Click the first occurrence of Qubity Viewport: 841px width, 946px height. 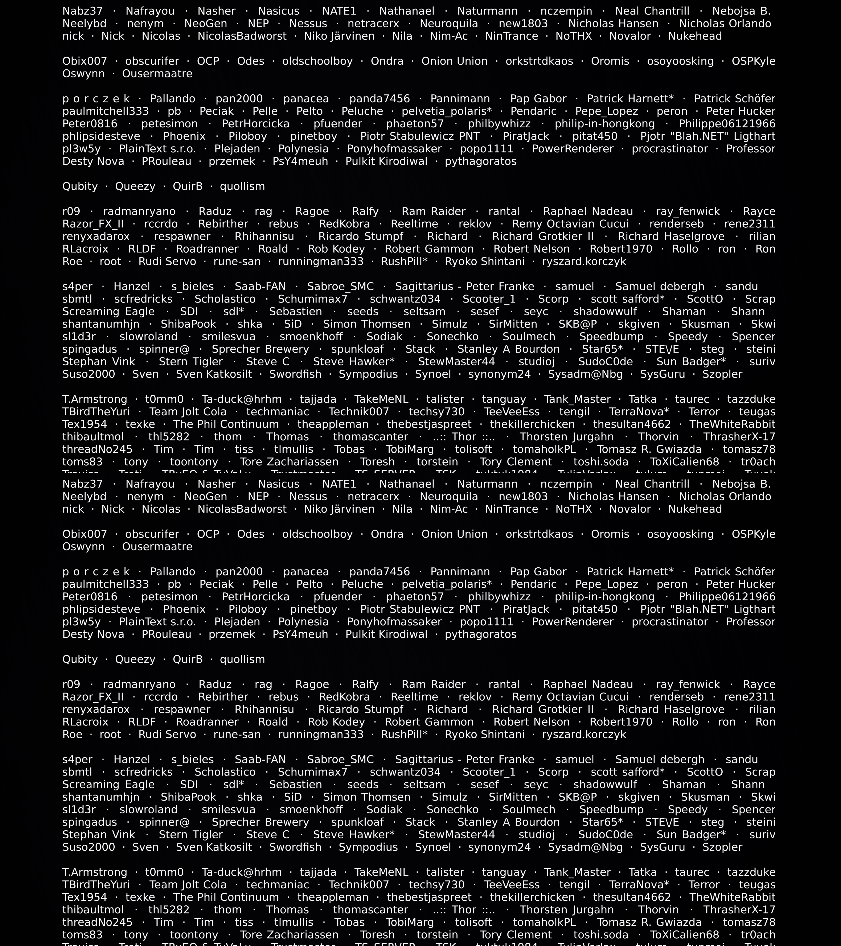[80, 186]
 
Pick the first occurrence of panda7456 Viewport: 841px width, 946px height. [380, 99]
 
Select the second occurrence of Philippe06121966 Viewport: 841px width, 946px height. [727, 597]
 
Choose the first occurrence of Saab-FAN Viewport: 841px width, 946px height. [260, 287]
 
